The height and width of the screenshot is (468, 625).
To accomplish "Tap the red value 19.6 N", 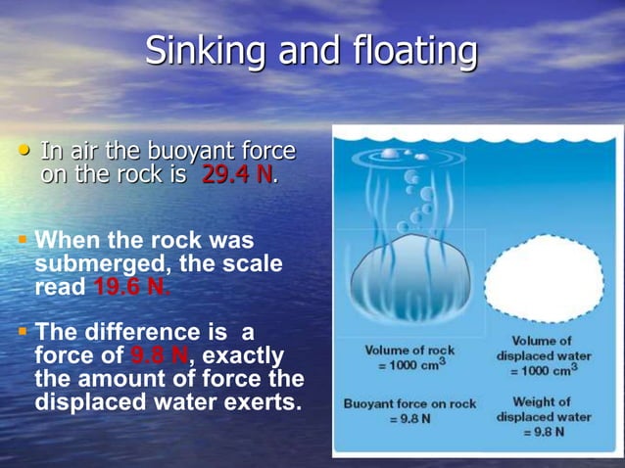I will tap(131, 288).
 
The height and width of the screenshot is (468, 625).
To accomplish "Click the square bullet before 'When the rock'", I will tap(23, 240).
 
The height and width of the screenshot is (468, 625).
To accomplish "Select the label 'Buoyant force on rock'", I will tap(409, 401).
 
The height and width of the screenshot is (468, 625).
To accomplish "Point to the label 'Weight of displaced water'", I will tap(545, 408).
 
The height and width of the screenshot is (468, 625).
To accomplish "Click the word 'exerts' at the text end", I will tap(260, 399).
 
